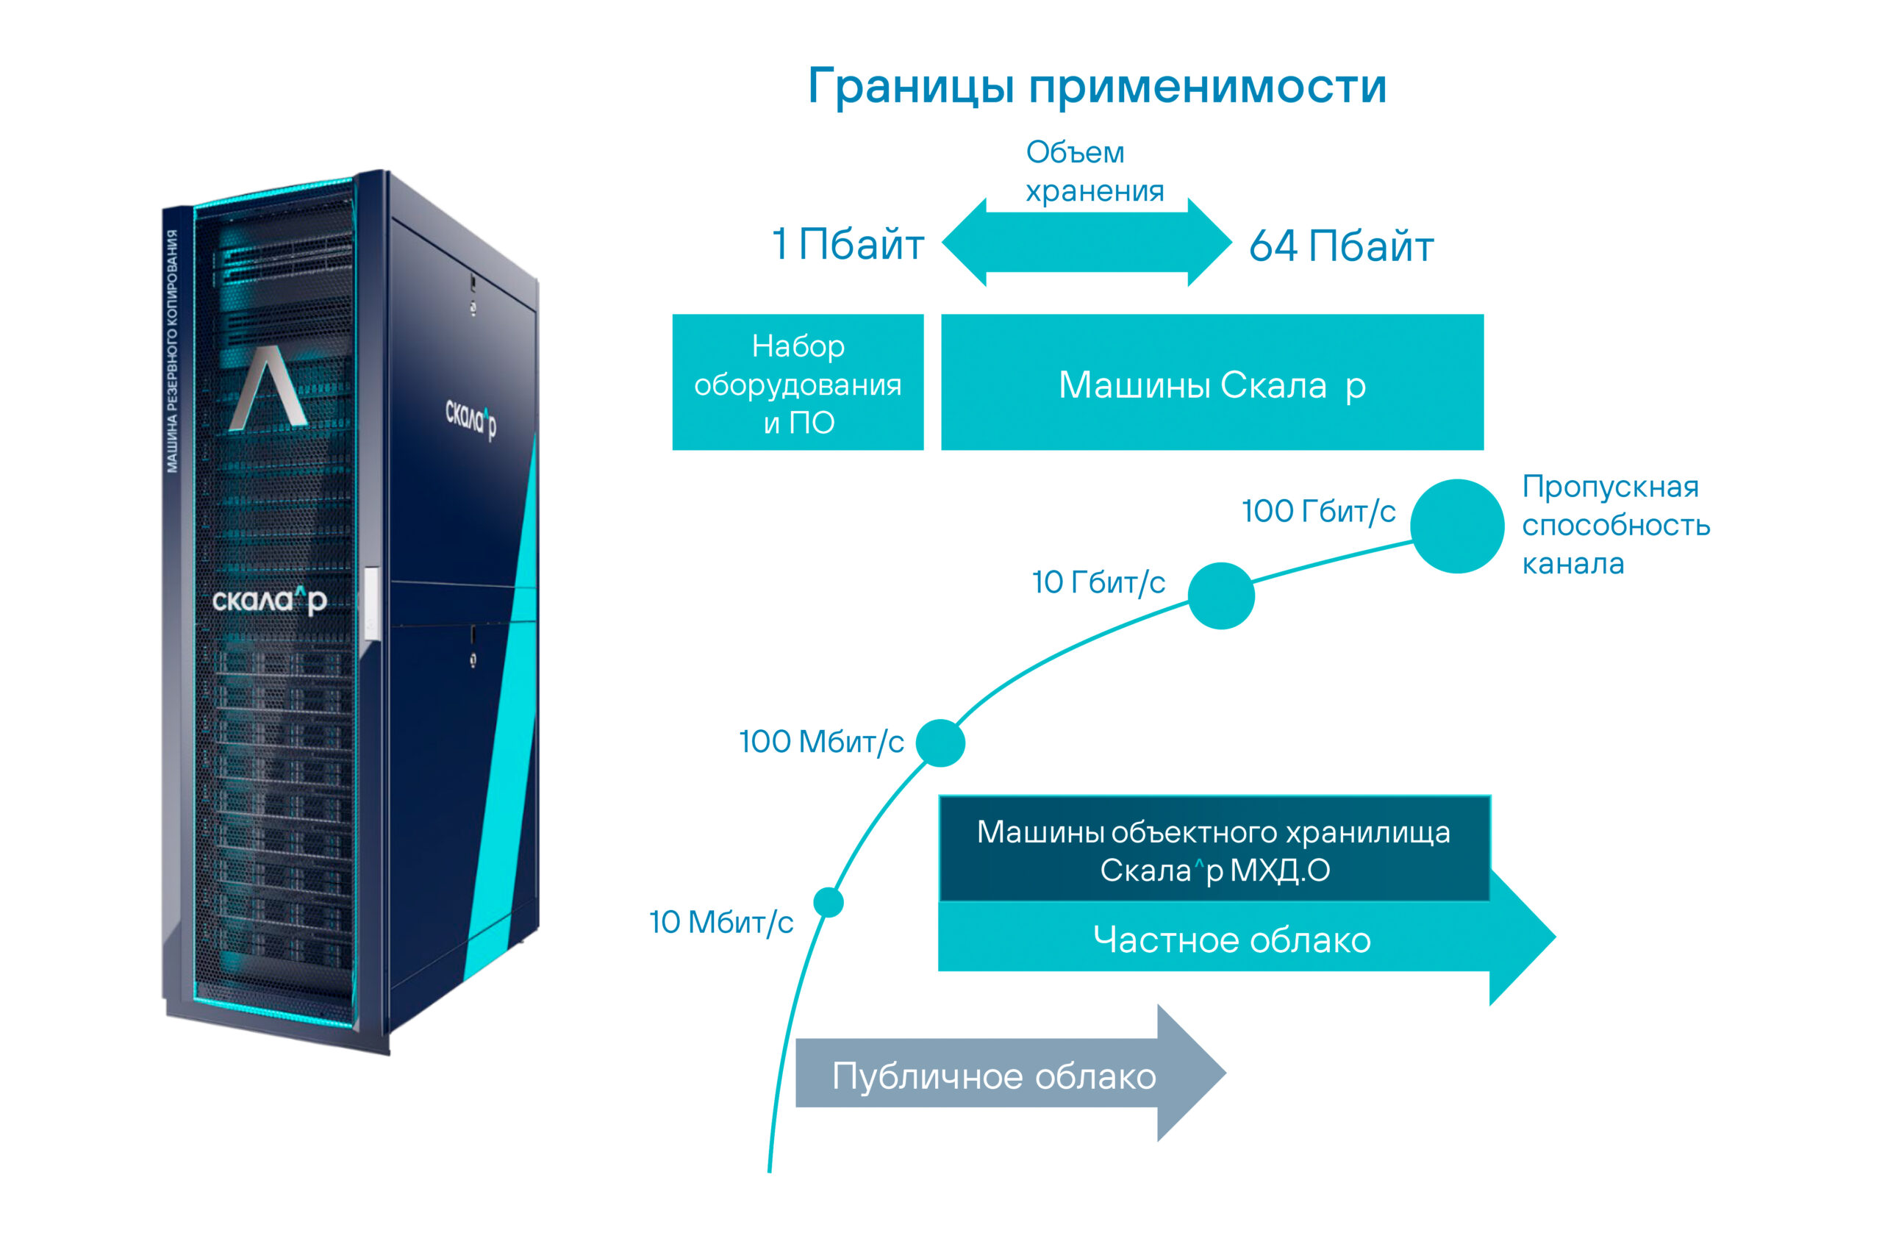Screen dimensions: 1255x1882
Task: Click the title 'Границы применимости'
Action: [x=1097, y=87]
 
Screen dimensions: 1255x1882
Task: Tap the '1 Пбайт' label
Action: [x=848, y=244]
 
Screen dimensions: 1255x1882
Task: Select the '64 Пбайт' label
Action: [x=1341, y=246]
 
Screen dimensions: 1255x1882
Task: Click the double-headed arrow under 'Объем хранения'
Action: [x=1087, y=243]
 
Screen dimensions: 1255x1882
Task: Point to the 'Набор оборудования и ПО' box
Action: [x=798, y=382]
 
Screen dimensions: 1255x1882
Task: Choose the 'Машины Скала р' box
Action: [x=1212, y=382]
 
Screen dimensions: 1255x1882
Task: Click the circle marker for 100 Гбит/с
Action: [x=1457, y=526]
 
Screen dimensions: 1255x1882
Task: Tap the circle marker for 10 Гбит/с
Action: [x=1221, y=596]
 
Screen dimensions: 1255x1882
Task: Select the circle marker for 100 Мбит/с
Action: [x=940, y=743]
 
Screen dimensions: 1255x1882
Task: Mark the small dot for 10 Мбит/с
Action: [x=829, y=902]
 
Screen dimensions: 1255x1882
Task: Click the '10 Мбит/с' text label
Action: [x=721, y=922]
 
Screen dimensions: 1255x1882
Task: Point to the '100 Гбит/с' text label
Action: [x=1319, y=511]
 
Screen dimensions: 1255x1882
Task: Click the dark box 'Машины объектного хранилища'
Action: [x=1214, y=850]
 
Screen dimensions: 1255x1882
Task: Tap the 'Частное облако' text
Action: [x=1231, y=940]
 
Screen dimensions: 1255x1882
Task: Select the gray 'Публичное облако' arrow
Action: [x=995, y=1076]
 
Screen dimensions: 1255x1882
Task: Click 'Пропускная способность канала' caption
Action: [x=1614, y=525]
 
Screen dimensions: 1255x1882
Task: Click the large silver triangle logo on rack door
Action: [x=268, y=390]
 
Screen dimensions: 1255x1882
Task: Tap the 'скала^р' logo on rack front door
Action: [x=269, y=600]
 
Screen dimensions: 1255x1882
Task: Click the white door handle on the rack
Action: [x=371, y=602]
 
